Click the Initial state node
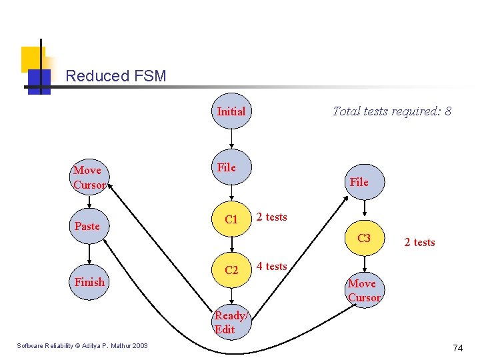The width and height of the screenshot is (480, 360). point(231,111)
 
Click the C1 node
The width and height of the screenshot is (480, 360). point(231,219)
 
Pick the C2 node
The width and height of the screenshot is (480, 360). point(231,270)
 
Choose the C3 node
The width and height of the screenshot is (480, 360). point(364,238)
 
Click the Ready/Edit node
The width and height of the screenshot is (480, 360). point(229,323)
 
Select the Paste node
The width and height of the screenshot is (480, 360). point(89,226)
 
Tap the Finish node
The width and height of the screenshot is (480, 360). point(89,282)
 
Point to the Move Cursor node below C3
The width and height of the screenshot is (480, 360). point(364,290)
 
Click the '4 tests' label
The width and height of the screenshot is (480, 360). point(271,266)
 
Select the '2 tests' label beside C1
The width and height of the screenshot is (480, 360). point(271,217)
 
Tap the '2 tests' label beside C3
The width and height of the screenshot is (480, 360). point(419,242)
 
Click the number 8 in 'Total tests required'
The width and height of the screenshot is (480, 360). point(447,111)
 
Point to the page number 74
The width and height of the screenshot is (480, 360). point(457,348)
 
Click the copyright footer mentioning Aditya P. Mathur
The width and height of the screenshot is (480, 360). point(83,345)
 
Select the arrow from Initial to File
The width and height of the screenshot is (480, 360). point(231,139)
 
